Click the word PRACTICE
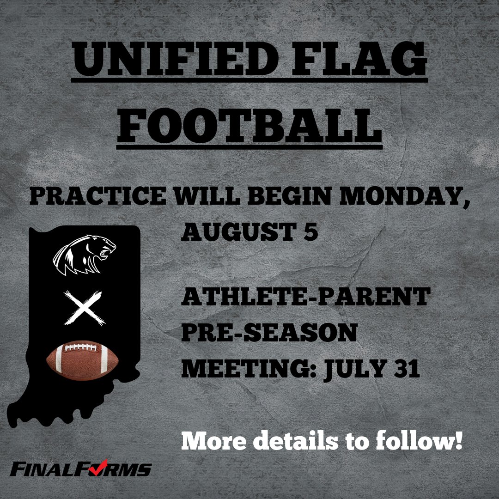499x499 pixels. [97, 197]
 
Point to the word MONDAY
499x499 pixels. [402, 197]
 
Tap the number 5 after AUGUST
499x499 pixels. [311, 232]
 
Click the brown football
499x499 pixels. [84, 358]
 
